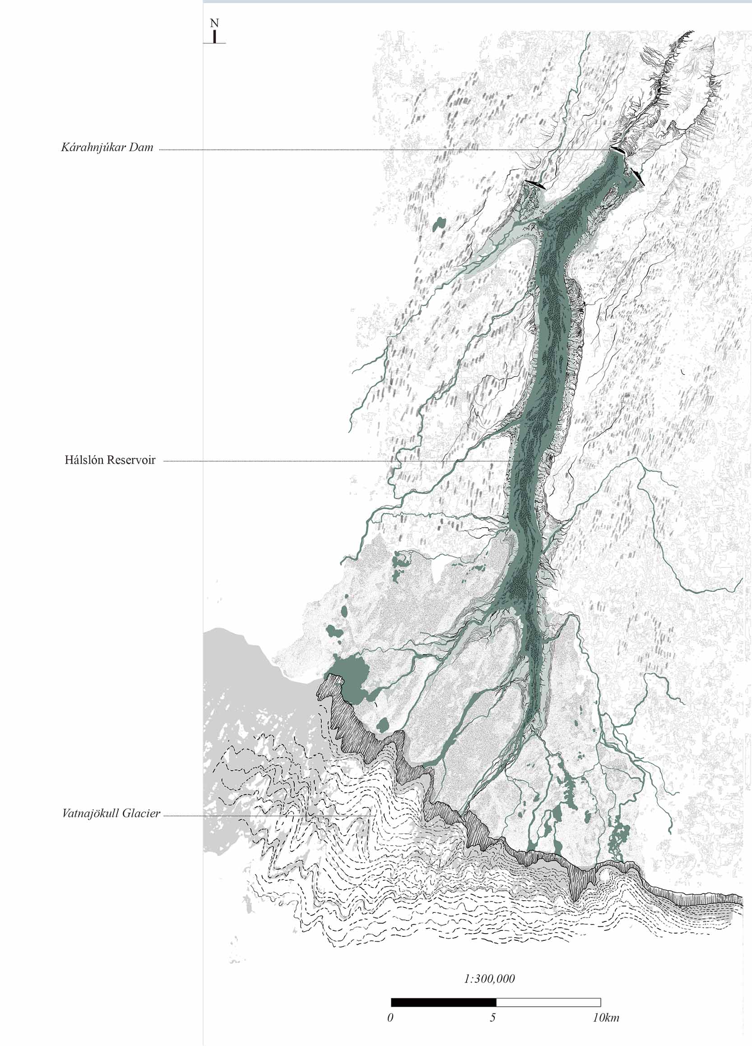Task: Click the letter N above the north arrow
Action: [214, 23]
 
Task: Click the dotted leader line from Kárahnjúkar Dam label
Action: [369, 150]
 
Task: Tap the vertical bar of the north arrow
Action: [214, 37]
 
